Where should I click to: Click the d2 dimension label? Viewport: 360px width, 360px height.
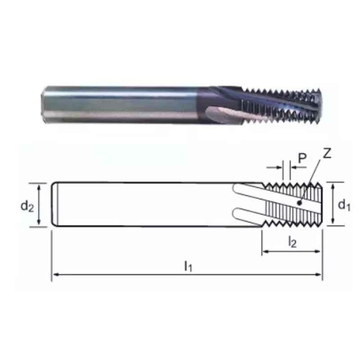[x=27, y=206]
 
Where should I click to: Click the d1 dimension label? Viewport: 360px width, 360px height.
[x=344, y=205]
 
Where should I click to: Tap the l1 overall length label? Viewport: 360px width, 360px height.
[x=188, y=266]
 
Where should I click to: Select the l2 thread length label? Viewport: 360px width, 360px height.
[x=292, y=242]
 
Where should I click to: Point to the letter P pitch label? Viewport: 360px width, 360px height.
[x=302, y=158]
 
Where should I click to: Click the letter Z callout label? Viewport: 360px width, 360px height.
[x=327, y=153]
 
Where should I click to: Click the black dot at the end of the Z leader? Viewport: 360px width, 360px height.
[x=299, y=203]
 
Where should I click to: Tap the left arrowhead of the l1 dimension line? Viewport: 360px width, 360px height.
[x=55, y=274]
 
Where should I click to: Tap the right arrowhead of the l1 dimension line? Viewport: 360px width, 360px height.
[x=319, y=274]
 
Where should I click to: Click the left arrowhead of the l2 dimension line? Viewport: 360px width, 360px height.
[x=265, y=252]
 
